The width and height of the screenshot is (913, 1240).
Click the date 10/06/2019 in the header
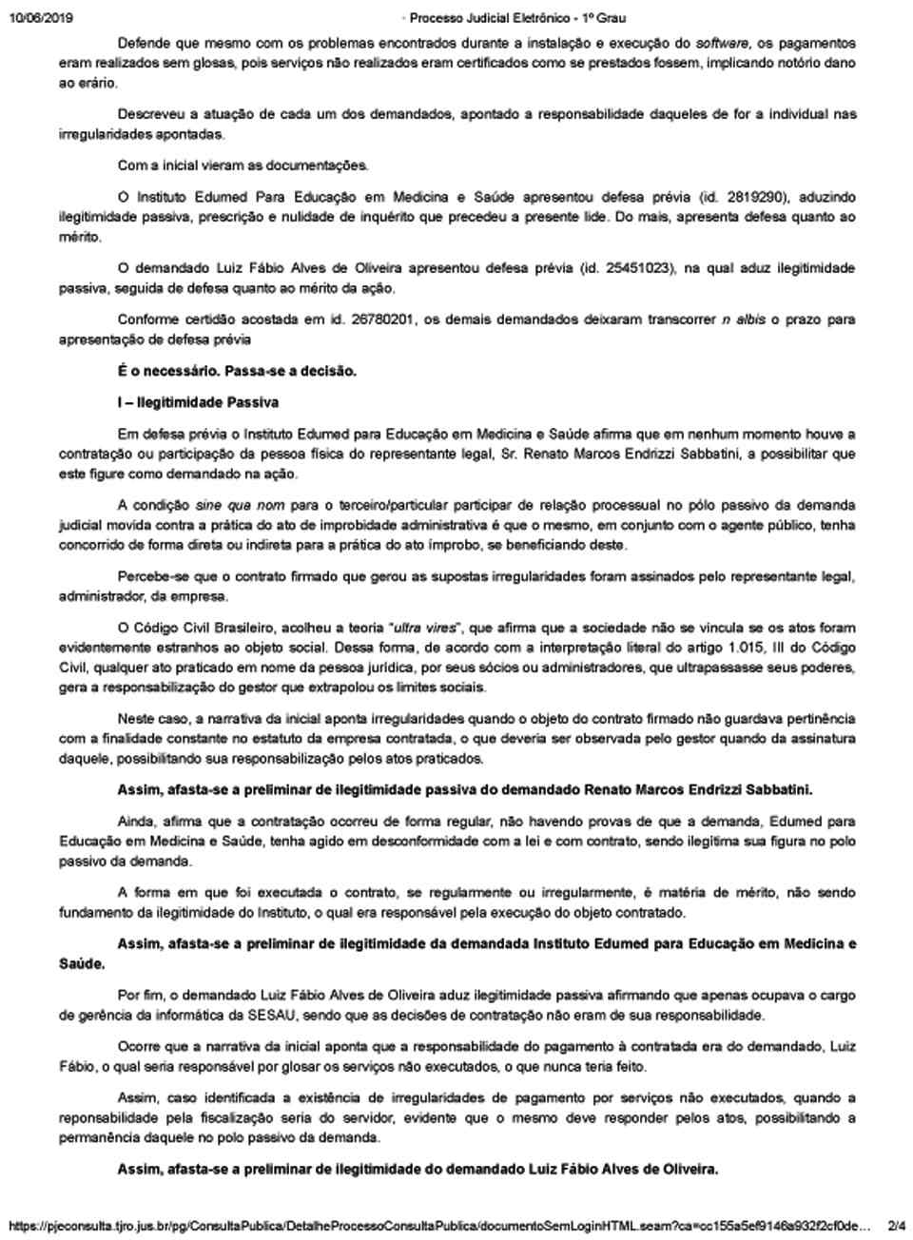(x=40, y=18)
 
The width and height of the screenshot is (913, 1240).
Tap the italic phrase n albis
(x=744, y=320)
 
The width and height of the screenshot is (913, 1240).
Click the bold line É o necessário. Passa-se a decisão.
(x=237, y=371)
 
